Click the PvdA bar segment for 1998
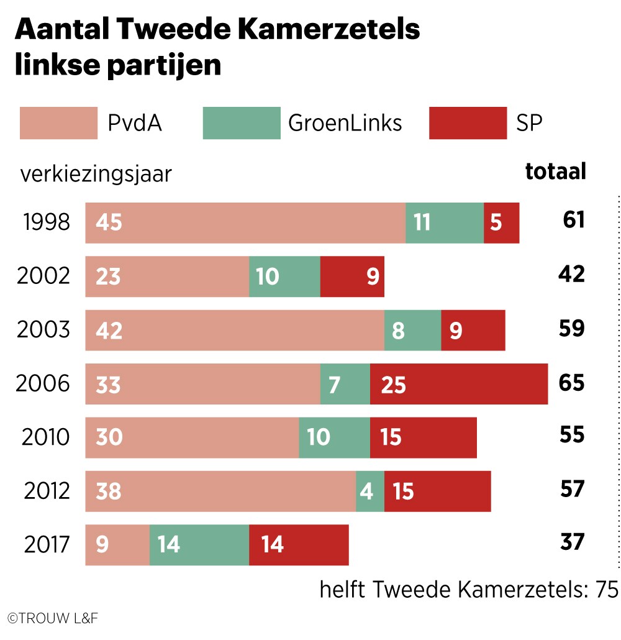click(x=245, y=222)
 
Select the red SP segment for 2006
click(x=459, y=384)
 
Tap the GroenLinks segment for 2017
click(x=199, y=545)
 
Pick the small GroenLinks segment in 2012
click(x=370, y=491)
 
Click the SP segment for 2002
click(x=352, y=277)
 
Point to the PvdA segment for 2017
click(x=117, y=545)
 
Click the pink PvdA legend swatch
click(x=58, y=123)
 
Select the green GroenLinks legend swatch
click(x=242, y=123)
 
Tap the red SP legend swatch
click(x=468, y=123)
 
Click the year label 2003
click(x=43, y=330)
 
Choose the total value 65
click(x=571, y=383)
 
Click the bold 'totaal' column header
click(x=556, y=171)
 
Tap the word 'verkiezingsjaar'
click(x=96, y=174)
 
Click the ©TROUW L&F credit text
click(x=53, y=618)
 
